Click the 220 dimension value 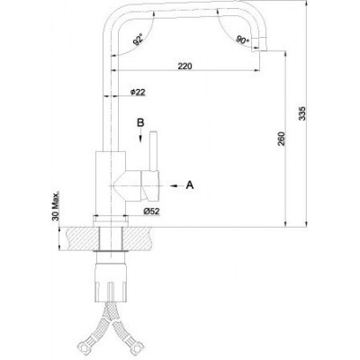184,66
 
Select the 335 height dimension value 303,113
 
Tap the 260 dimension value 282,139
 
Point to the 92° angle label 138,40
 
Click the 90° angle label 243,40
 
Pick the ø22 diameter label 138,92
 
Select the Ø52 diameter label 151,211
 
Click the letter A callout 190,185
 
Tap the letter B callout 140,122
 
